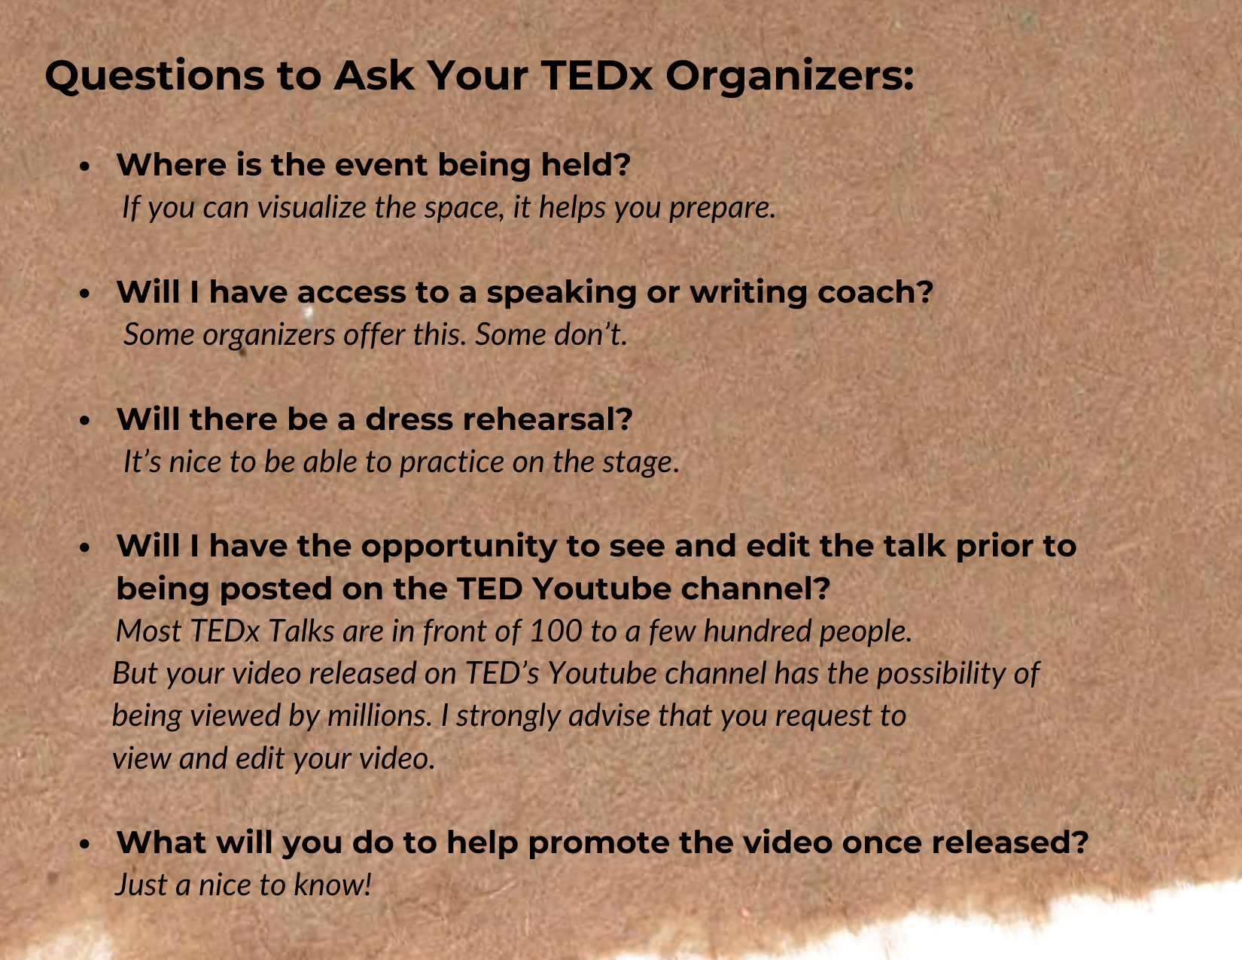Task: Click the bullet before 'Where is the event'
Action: coord(84,166)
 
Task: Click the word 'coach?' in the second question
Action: coord(875,291)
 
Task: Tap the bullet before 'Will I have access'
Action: coord(84,294)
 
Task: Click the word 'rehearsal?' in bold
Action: coord(547,419)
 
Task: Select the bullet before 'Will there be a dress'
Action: coord(84,422)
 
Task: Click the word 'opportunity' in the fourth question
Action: coord(459,547)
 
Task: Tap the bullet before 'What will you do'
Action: coord(84,845)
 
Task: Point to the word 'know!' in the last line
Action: coord(333,885)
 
